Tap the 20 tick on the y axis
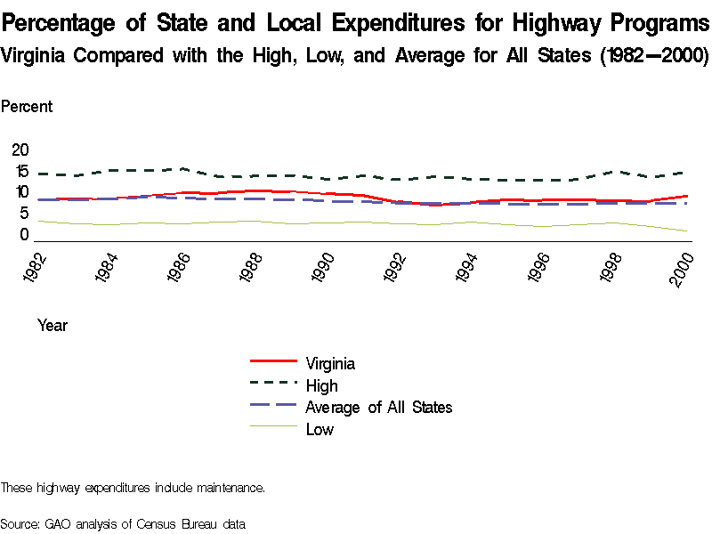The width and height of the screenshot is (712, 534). [20, 150]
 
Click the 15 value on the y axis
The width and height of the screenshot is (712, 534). [20, 171]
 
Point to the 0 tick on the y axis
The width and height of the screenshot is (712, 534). [24, 235]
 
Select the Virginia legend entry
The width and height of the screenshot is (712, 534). [330, 363]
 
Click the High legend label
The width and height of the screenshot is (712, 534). [321, 385]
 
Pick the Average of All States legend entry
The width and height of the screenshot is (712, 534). [378, 408]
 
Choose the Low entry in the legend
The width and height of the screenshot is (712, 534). [320, 430]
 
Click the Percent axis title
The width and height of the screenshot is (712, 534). [27, 107]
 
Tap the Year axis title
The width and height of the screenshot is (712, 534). [53, 326]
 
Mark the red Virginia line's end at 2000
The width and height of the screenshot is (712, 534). [686, 196]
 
